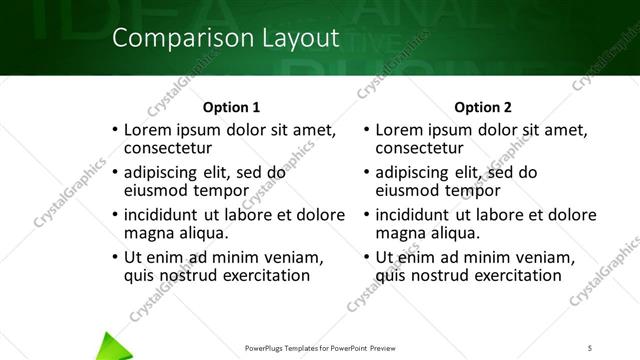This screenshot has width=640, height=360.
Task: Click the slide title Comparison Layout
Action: [x=225, y=39]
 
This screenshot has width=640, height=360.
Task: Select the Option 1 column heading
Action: [x=231, y=107]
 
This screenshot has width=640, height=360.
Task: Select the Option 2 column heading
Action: [x=482, y=107]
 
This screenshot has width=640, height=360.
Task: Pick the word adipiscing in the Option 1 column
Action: [x=167, y=172]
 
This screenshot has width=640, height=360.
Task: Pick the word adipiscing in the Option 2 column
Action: [x=418, y=172]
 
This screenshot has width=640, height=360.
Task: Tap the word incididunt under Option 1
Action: [x=167, y=214]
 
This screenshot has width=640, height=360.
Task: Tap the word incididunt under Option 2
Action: [x=418, y=214]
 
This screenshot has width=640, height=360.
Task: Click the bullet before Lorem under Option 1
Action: [x=115, y=131]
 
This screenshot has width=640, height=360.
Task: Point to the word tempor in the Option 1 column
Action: [x=222, y=190]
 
